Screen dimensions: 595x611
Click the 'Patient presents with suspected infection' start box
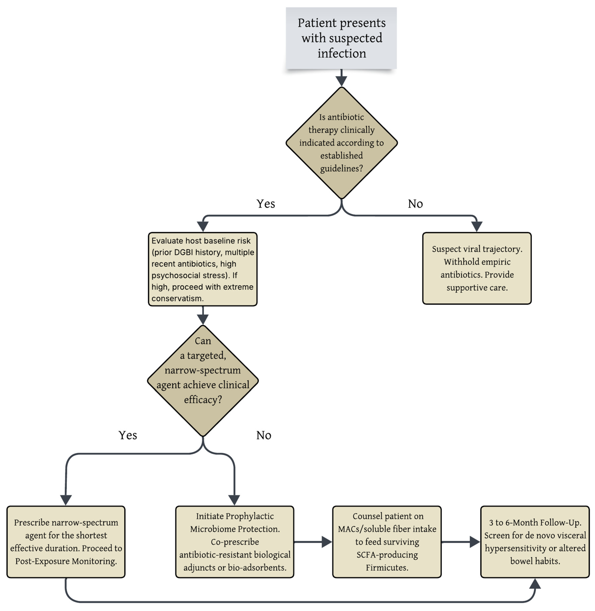pos(341,38)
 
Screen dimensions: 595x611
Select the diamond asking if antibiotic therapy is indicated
pos(342,143)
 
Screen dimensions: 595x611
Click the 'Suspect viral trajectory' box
pos(477,268)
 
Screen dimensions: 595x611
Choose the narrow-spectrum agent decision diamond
pos(203,381)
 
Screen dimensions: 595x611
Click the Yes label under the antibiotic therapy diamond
pos(266,204)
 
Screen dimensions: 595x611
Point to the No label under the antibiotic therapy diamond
pos(415,204)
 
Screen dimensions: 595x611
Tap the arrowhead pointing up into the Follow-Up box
pos(535,583)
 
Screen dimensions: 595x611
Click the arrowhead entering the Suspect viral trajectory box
pos(477,227)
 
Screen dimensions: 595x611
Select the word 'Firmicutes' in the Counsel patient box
pos(387,568)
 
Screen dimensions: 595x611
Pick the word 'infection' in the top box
pos(342,53)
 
